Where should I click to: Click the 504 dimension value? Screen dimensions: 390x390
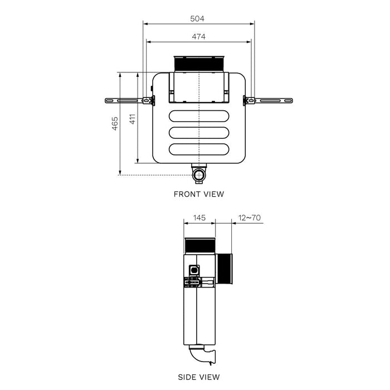[x=197, y=18]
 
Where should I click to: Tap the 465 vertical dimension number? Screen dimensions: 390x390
[x=114, y=123]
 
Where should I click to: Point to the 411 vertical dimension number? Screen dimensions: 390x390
[x=132, y=118]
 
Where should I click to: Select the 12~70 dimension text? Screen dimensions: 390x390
[x=248, y=217]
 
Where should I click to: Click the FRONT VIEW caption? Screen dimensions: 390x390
[x=199, y=194]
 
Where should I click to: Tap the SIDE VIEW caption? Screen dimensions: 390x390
[x=199, y=377]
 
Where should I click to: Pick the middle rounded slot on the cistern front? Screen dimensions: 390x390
[x=199, y=134]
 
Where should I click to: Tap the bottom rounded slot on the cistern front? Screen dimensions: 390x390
[x=199, y=150]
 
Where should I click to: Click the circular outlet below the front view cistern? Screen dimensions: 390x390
[x=199, y=176]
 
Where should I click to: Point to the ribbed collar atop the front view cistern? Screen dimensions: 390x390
[x=199, y=64]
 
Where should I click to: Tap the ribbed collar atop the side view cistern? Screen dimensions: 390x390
[x=199, y=246]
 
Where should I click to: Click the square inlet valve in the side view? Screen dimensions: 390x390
[x=194, y=269]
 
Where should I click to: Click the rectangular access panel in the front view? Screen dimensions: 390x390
[x=199, y=88]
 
